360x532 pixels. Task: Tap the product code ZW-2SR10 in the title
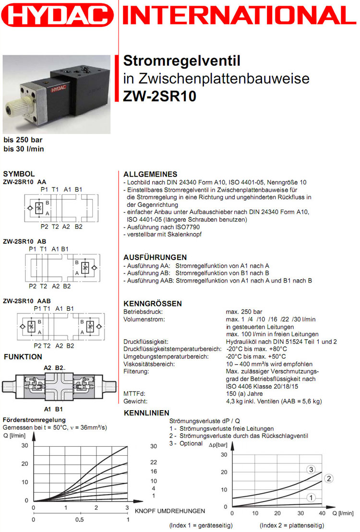pos(159,96)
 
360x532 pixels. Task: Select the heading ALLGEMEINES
pos(150,174)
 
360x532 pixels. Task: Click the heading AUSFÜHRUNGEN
pos(155,257)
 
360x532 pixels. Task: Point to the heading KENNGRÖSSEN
pos(153,304)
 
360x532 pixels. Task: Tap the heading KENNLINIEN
pos(146,413)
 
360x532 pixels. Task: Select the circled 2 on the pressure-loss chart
pos(329,478)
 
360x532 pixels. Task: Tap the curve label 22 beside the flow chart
pos(154,462)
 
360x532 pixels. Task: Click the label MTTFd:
pos(134,394)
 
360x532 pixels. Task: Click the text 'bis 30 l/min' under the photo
pos(24,149)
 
